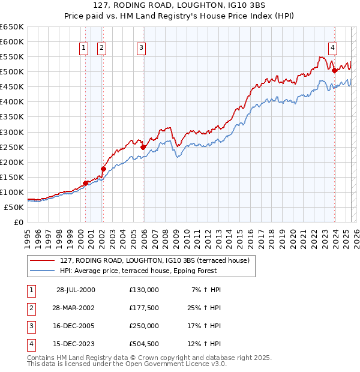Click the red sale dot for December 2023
334,70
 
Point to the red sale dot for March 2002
103,169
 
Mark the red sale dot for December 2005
143,147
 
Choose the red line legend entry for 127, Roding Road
158,260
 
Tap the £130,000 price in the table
143,290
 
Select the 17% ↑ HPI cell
205,326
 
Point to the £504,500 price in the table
143,344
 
